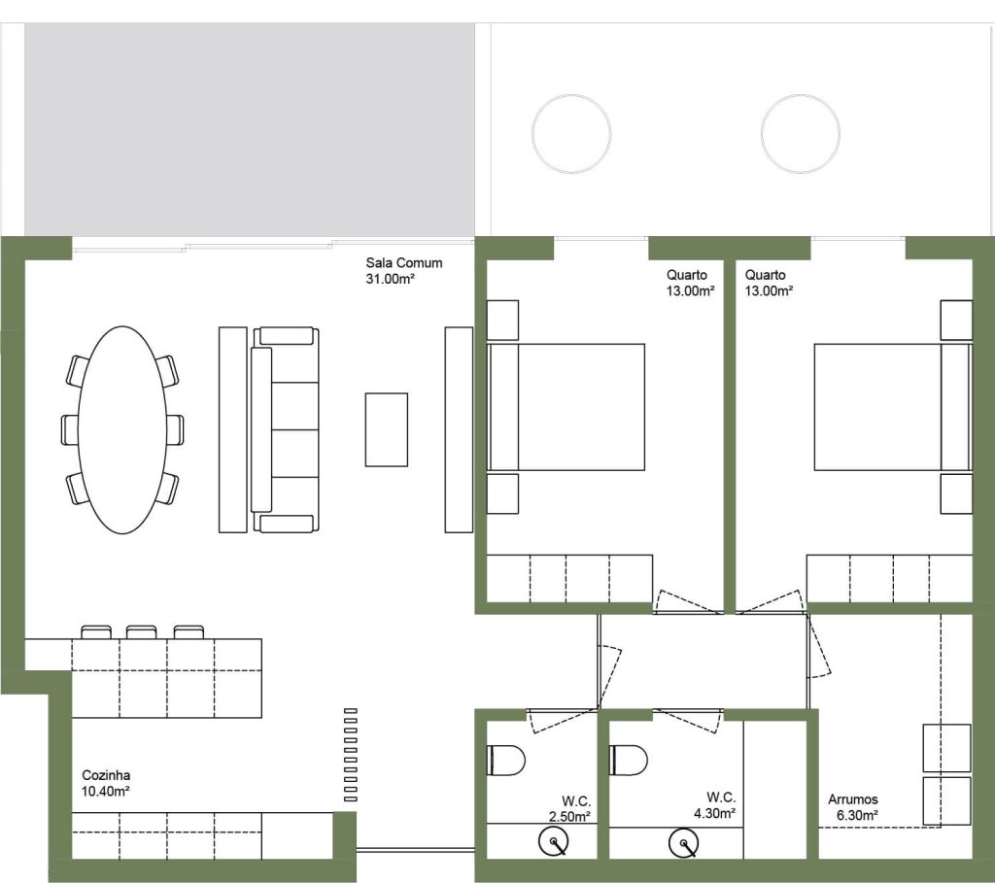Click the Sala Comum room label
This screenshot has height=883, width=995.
click(403, 262)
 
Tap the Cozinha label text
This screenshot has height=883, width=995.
click(106, 775)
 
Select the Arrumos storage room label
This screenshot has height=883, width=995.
click(853, 799)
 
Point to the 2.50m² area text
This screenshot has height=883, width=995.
click(569, 816)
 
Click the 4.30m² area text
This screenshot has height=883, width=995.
click(714, 813)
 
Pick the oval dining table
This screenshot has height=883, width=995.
click(121, 429)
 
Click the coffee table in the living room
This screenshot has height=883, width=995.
click(387, 429)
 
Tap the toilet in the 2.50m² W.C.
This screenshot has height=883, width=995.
click(505, 761)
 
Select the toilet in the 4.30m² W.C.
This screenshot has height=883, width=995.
click(629, 760)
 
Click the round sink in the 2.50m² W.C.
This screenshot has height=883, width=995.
click(553, 841)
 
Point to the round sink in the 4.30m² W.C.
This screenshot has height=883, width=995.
click(684, 843)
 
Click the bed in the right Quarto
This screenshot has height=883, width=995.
click(893, 407)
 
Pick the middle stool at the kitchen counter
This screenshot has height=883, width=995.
click(142, 631)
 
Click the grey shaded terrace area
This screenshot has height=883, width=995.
click(250, 130)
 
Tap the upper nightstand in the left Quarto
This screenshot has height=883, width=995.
click(502, 321)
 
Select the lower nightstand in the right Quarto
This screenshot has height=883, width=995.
click(956, 493)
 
